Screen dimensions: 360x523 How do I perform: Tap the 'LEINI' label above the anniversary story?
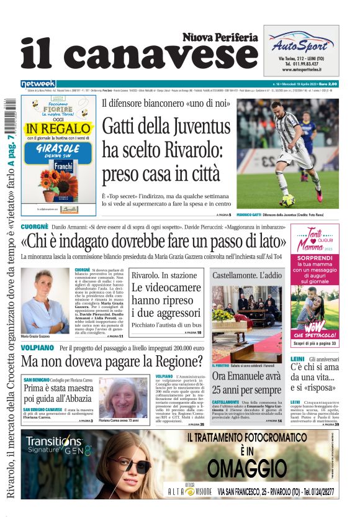tap(297, 358)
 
